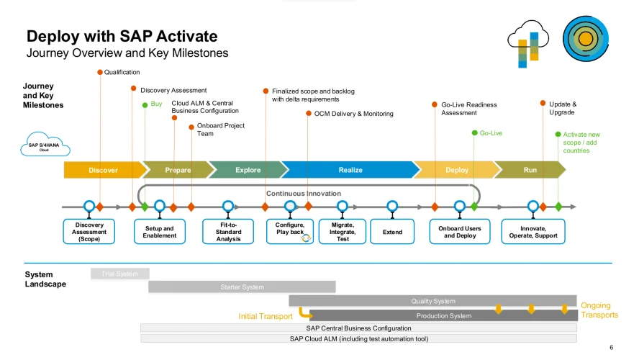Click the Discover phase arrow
[x=103, y=170]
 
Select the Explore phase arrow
[x=248, y=170]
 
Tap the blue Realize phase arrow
[x=350, y=170]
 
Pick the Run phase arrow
[x=530, y=170]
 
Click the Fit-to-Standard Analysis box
[x=228, y=232]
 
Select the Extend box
[x=392, y=232]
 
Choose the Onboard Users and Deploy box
[x=460, y=232]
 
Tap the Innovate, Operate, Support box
[x=532, y=232]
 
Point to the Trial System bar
[x=119, y=274]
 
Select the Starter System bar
[x=242, y=287]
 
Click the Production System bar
[x=443, y=315]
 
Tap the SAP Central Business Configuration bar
[x=358, y=328]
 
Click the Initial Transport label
[x=266, y=315]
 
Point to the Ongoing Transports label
[x=599, y=310]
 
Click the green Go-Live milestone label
[x=491, y=133]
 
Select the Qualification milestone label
[x=122, y=72]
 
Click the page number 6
[x=611, y=346]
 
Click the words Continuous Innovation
[x=304, y=193]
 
